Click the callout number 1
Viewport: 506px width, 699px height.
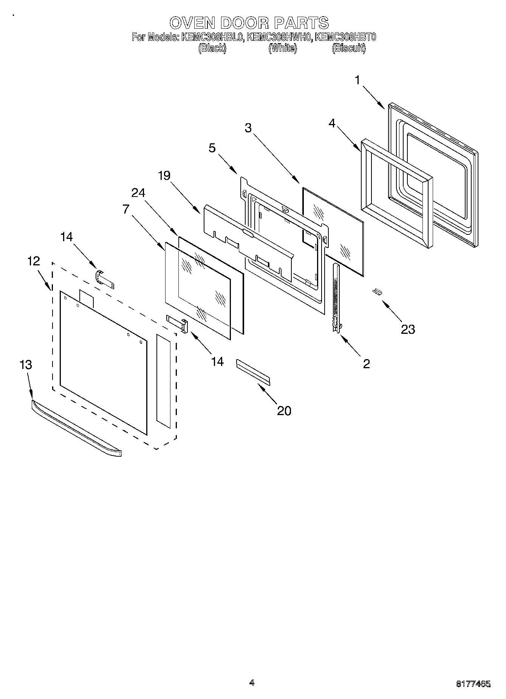(356, 80)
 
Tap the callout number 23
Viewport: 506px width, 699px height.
(408, 329)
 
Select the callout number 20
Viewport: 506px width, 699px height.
(284, 410)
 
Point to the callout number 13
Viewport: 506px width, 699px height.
(26, 365)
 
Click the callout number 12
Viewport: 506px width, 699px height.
(33, 261)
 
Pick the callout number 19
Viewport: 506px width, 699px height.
(164, 175)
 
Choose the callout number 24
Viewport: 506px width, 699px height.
(138, 192)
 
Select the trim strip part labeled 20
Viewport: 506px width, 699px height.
(253, 372)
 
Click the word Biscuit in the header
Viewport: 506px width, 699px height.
(348, 48)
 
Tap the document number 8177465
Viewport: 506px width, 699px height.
(474, 683)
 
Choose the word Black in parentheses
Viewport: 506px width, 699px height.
(212, 48)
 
